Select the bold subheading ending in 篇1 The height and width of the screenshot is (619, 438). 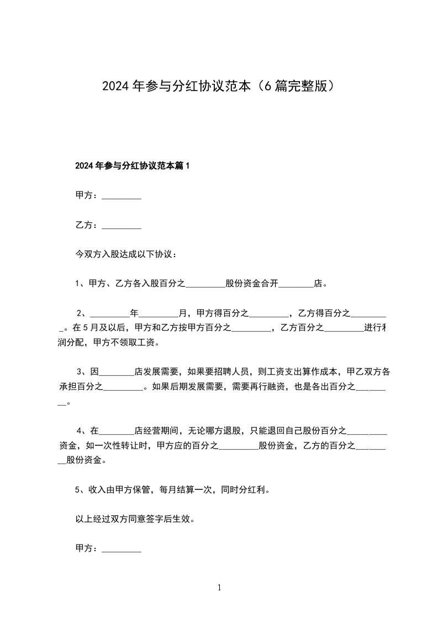pos(132,165)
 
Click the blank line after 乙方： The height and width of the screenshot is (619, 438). pos(122,226)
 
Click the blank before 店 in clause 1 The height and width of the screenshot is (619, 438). pos(296,285)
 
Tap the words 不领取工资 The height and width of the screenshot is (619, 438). pos(138,342)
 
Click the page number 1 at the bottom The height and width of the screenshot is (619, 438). pos(219,588)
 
